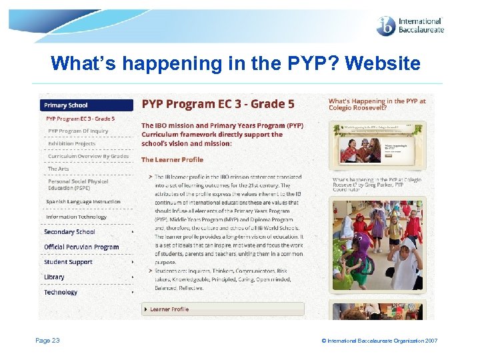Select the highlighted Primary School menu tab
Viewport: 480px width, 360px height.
click(87, 105)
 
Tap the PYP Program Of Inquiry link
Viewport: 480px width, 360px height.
click(78, 131)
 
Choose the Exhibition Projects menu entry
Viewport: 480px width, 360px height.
click(72, 143)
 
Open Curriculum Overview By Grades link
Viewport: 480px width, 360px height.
click(88, 156)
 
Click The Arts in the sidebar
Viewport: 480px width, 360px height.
click(59, 169)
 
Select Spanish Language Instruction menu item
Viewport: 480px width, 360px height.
click(83, 201)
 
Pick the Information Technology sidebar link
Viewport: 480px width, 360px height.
click(76, 217)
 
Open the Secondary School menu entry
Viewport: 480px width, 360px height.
click(69, 232)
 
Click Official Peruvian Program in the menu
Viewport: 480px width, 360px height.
click(81, 247)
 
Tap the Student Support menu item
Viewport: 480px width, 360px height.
click(68, 262)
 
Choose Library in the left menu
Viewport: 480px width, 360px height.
click(55, 277)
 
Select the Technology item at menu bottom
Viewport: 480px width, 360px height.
click(61, 292)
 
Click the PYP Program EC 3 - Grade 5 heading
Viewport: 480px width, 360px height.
click(218, 104)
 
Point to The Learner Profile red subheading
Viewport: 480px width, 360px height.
click(172, 160)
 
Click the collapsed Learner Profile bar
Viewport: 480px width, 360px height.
click(223, 309)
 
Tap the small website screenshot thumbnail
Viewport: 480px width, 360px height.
click(378, 145)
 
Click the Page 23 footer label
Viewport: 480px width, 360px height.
click(47, 341)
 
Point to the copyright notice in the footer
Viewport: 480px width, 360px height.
click(379, 341)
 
